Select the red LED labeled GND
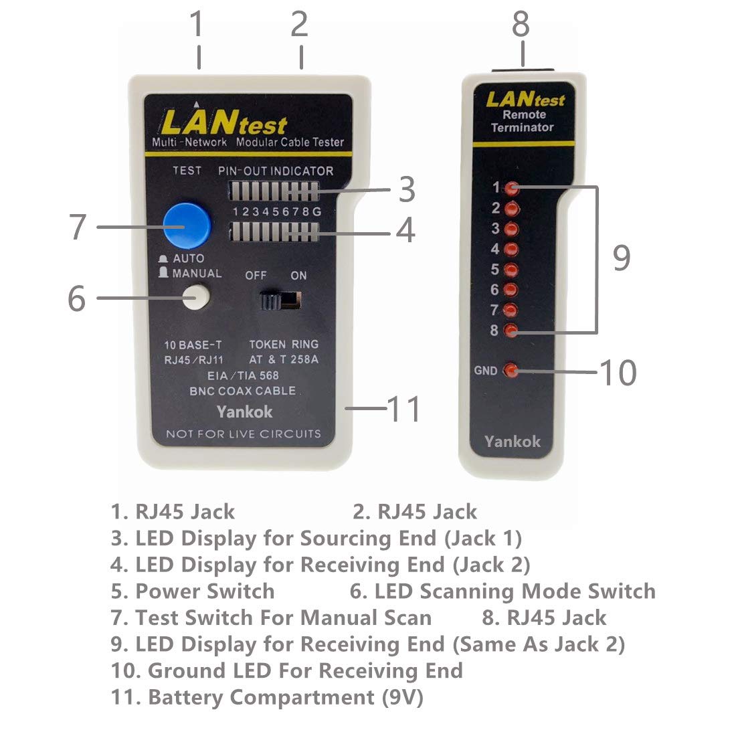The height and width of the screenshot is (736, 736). pos(511,370)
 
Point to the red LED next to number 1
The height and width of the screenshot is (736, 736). pos(513,188)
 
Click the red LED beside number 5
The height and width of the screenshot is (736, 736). pos(512,270)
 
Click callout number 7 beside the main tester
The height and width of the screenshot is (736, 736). pos(78,227)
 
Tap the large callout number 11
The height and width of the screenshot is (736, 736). pos(404,409)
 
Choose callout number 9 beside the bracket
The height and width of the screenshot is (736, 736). pos(622,258)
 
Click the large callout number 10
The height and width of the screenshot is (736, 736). pos(618,373)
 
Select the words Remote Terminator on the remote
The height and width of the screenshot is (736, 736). pos(522,121)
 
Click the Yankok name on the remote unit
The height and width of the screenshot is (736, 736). pos(512,442)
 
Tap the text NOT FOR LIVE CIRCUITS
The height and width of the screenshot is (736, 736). pos(244,434)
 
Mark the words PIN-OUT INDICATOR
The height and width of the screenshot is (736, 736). pos(276,171)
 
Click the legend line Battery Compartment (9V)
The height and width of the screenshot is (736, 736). pos(267,697)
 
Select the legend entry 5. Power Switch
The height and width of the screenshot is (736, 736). pos(193,591)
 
